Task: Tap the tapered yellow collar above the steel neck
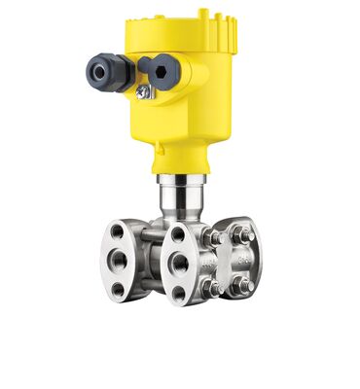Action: click(x=182, y=159)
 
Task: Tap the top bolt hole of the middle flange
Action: click(x=177, y=233)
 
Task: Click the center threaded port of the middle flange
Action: click(x=179, y=262)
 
